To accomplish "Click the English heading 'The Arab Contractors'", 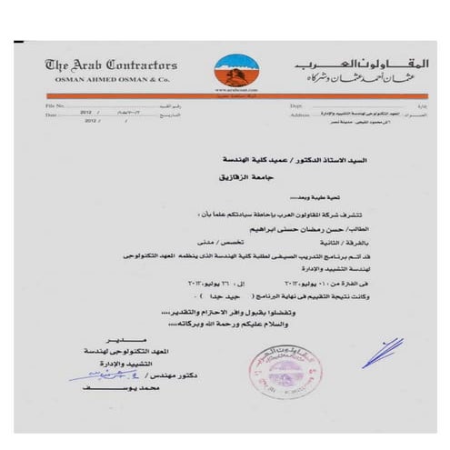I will tap(111, 65).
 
